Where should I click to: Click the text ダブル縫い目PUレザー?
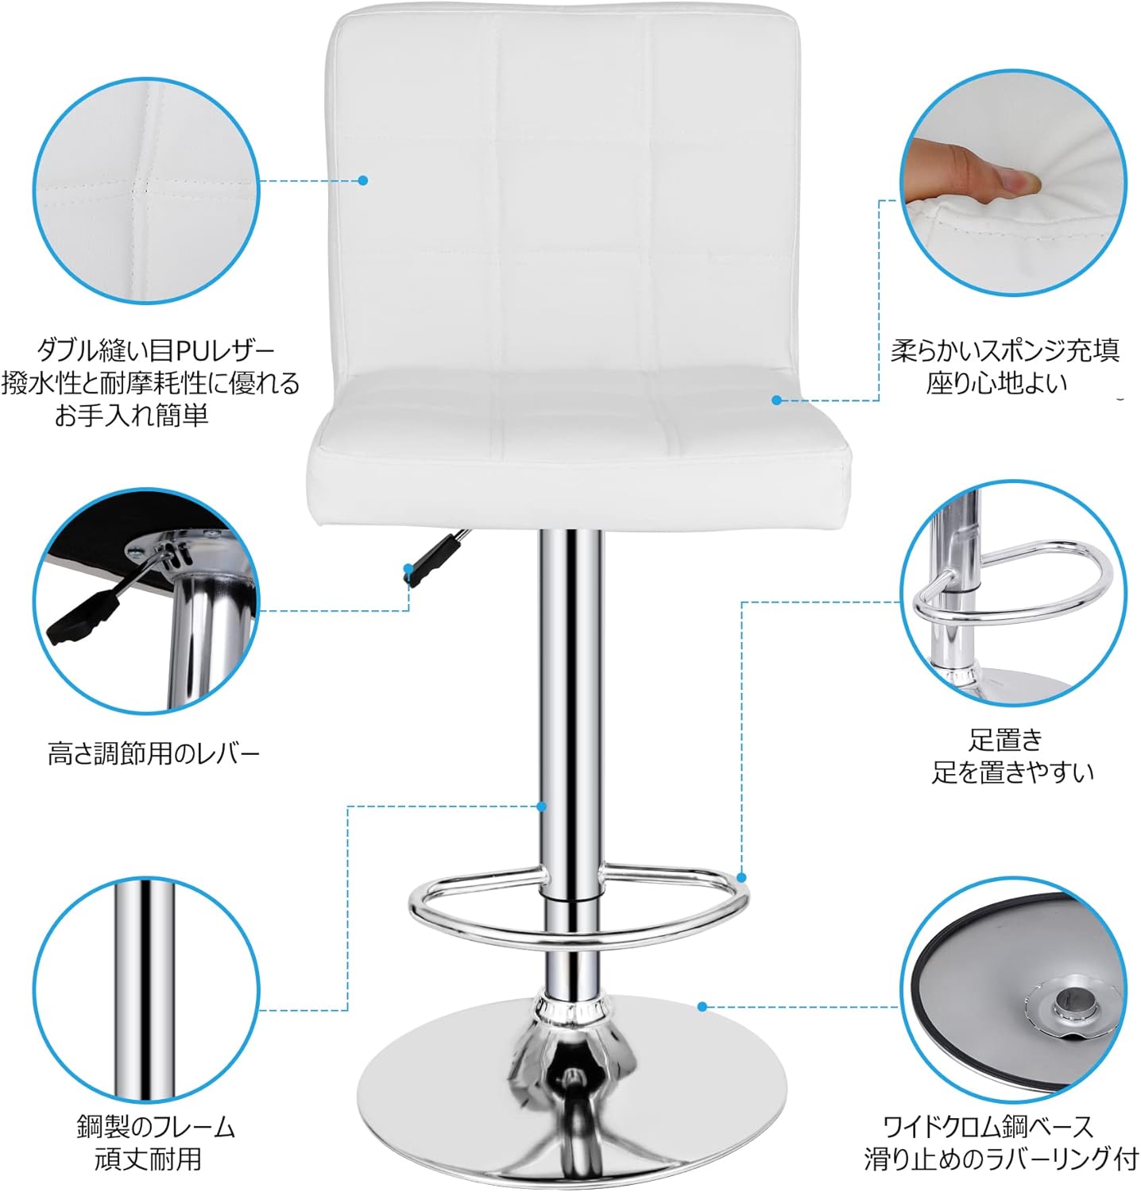[156, 350]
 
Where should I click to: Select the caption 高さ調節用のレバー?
[153, 753]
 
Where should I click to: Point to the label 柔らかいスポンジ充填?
[1004, 350]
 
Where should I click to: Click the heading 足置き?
[1005, 739]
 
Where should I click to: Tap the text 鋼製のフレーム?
[156, 1126]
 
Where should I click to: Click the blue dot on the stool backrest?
[363, 180]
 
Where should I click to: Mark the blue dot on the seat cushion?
[777, 400]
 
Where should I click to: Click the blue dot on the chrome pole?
[541, 806]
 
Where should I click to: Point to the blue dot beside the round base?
[702, 1007]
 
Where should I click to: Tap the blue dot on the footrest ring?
[741, 877]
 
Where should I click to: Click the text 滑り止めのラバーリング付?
[1000, 1158]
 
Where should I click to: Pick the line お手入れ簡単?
[131, 416]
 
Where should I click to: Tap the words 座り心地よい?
[996, 384]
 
